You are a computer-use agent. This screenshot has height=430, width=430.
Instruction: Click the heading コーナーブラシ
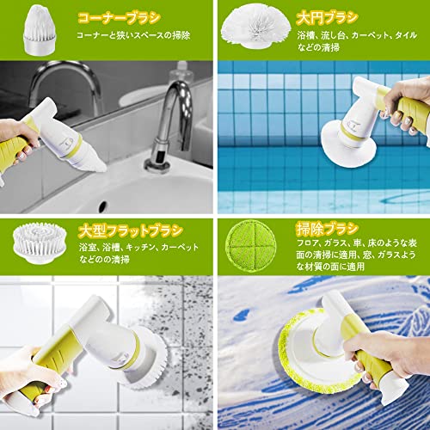click(x=119, y=18)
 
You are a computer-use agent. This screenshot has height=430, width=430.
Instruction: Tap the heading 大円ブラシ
click(x=327, y=18)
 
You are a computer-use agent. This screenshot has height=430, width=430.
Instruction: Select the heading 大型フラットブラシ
click(x=131, y=231)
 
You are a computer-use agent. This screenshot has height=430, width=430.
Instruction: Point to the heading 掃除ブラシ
click(x=327, y=229)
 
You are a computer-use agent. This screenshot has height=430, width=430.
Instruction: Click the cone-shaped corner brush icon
click(x=40, y=30)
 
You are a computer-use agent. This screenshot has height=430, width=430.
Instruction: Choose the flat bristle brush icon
click(x=40, y=243)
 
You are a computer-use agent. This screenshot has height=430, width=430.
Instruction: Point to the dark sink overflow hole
click(x=102, y=206)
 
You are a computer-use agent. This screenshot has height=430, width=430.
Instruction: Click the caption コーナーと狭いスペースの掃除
click(x=133, y=35)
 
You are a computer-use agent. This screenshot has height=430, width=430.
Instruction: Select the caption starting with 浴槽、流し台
click(x=357, y=41)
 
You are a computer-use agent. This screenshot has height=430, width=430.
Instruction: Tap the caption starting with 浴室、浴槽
click(x=138, y=254)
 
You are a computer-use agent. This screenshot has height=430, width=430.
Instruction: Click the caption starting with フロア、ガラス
click(x=356, y=255)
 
